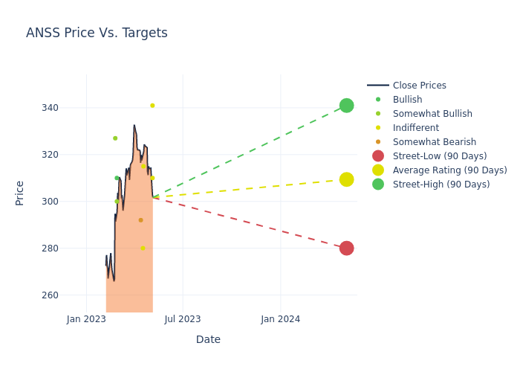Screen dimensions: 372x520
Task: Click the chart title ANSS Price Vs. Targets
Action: pyautogui.click(x=97, y=33)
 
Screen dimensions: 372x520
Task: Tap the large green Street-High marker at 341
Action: pyautogui.click(x=346, y=106)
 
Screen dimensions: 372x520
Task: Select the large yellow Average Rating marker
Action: pyautogui.click(x=346, y=179)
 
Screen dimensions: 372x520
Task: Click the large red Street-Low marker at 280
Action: pyautogui.click(x=346, y=248)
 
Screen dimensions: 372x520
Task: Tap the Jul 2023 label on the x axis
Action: pyautogui.click(x=183, y=319)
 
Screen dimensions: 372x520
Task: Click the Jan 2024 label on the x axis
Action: pyautogui.click(x=280, y=319)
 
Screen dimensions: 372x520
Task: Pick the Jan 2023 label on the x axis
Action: pyautogui.click(x=86, y=319)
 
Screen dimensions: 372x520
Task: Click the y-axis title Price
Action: pyautogui.click(x=20, y=193)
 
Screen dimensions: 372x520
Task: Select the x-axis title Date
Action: pyautogui.click(x=208, y=340)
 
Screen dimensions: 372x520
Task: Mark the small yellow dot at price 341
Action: pyautogui.click(x=152, y=106)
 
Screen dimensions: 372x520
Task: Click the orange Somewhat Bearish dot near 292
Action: pyautogui.click(x=140, y=220)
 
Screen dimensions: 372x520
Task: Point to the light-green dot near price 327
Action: pyautogui.click(x=115, y=138)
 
